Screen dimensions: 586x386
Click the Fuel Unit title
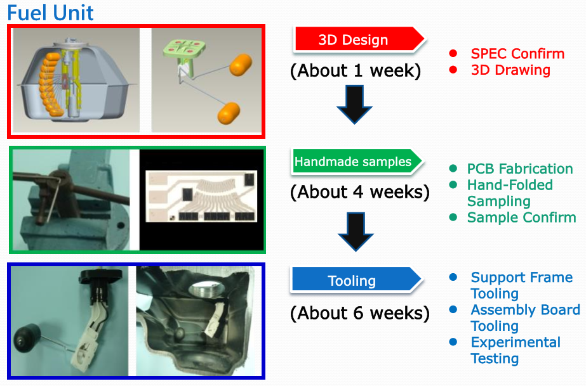(x=50, y=13)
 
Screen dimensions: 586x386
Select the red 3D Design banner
(x=359, y=39)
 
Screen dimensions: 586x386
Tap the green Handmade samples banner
(x=357, y=162)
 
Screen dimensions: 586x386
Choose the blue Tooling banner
(x=357, y=280)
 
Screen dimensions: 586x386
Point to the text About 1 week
(x=356, y=70)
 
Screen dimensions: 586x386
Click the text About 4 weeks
(x=359, y=191)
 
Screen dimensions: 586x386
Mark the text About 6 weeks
(x=359, y=312)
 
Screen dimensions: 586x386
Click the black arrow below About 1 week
(x=354, y=105)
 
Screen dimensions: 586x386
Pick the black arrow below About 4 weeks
(x=356, y=231)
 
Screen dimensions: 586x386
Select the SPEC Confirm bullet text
(x=517, y=54)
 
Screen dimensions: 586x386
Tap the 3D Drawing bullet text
(x=510, y=70)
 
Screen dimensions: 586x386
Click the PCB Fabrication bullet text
(x=520, y=169)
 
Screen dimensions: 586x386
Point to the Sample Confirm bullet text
(x=521, y=217)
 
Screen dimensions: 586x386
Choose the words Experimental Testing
(x=516, y=351)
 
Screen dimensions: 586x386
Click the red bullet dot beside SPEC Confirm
(x=453, y=53)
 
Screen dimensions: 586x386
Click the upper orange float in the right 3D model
(x=241, y=65)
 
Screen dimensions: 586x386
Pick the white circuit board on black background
(x=201, y=196)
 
